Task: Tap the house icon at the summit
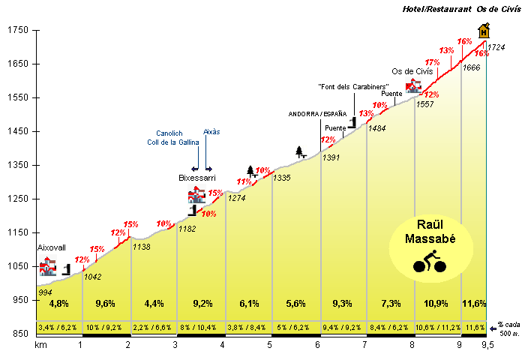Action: [x=484, y=30]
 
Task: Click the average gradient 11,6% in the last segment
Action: [x=474, y=304]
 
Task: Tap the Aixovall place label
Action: [x=52, y=247]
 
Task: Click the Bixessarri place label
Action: [x=197, y=178]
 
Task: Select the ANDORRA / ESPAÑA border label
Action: [x=318, y=114]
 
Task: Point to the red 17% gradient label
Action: [x=432, y=62]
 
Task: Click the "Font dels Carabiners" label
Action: [x=347, y=87]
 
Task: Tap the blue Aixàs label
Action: [x=211, y=131]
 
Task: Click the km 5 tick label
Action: [x=270, y=345]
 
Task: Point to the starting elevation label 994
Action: [x=46, y=292]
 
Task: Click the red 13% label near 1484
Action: [x=366, y=114]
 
